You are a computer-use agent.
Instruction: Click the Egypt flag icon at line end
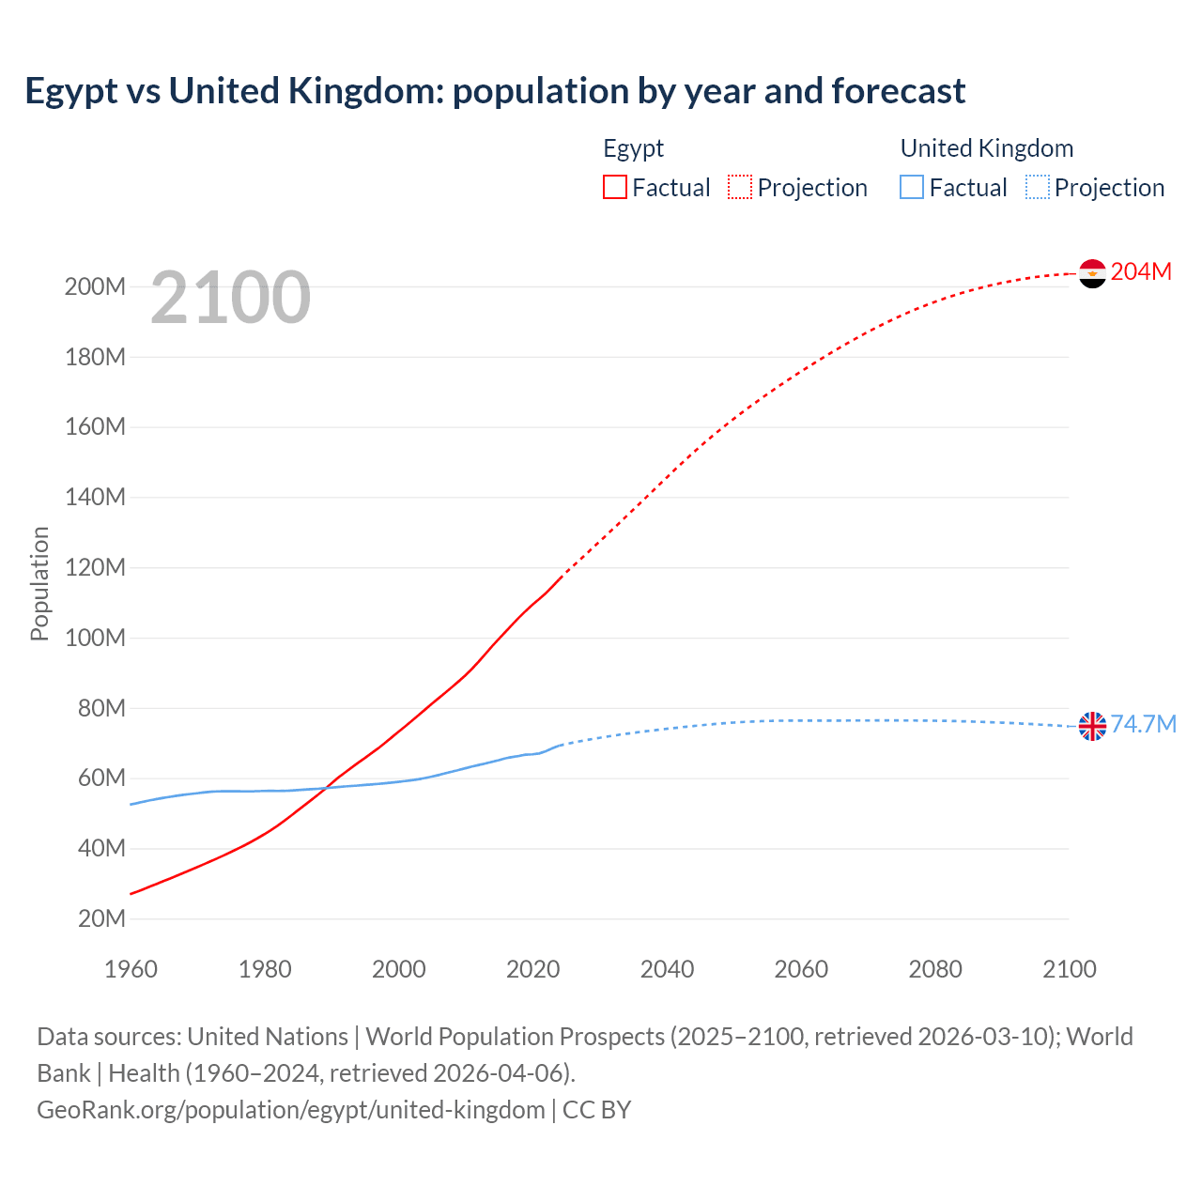point(1092,273)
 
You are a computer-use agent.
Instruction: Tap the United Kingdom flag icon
point(1092,726)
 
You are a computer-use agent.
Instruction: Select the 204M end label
point(1141,271)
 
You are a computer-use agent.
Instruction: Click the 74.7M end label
point(1143,724)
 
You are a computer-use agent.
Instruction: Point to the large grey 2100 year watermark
point(230,298)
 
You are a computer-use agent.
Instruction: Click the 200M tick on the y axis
point(95,287)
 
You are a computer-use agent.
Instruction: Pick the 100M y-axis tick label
point(95,638)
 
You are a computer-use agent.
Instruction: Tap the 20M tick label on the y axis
point(101,918)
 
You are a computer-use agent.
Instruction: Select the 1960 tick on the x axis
point(131,969)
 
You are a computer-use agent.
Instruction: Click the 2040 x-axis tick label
point(667,969)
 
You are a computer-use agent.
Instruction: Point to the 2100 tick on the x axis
point(1069,969)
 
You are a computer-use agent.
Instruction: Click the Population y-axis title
point(39,583)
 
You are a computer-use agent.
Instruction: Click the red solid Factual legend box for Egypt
point(615,187)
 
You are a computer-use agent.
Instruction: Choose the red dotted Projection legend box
point(740,187)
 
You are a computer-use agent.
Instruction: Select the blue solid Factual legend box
point(912,187)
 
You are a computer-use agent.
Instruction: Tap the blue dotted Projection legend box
point(1038,187)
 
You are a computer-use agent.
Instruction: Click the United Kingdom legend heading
point(986,148)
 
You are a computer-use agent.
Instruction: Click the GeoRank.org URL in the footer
point(291,1109)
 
